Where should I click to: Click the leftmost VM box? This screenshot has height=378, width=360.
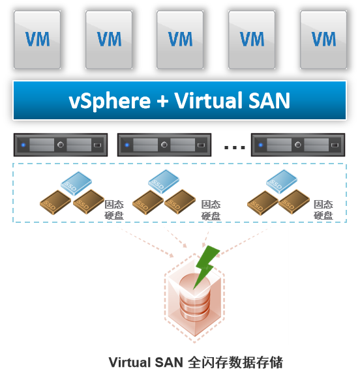click(x=37, y=40)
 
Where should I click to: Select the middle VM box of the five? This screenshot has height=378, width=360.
click(x=180, y=40)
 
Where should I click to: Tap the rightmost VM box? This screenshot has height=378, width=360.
click(x=323, y=40)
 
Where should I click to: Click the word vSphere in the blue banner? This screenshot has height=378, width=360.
click(x=110, y=101)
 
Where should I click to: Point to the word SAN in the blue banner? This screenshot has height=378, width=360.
click(x=269, y=101)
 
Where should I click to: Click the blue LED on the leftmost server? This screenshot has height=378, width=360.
click(x=23, y=145)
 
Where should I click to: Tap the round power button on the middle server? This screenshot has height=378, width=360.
click(x=164, y=145)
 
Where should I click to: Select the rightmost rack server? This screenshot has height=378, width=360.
click(x=298, y=145)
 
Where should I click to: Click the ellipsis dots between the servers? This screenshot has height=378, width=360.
click(x=235, y=147)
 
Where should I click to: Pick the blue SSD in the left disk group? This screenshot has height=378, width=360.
click(x=76, y=183)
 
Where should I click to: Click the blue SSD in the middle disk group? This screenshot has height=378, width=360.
click(x=164, y=182)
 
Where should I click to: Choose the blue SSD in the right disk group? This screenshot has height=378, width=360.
click(x=282, y=182)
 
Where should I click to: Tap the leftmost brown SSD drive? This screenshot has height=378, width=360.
click(x=55, y=202)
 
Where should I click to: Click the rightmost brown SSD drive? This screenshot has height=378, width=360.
click(x=294, y=202)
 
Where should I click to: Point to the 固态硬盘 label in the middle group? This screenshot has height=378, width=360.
click(x=211, y=210)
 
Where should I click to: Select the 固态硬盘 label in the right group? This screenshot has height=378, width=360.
click(x=323, y=210)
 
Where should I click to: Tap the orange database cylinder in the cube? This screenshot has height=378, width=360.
click(x=195, y=298)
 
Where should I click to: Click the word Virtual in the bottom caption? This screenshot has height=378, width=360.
click(x=130, y=362)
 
